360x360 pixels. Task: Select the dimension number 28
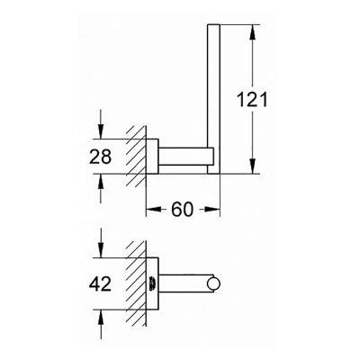click(x=102, y=156)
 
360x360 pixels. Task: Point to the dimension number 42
click(x=102, y=284)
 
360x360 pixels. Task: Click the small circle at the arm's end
click(x=214, y=285)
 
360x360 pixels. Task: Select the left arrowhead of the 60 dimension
click(x=150, y=211)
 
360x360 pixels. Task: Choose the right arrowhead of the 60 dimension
click(x=216, y=211)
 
